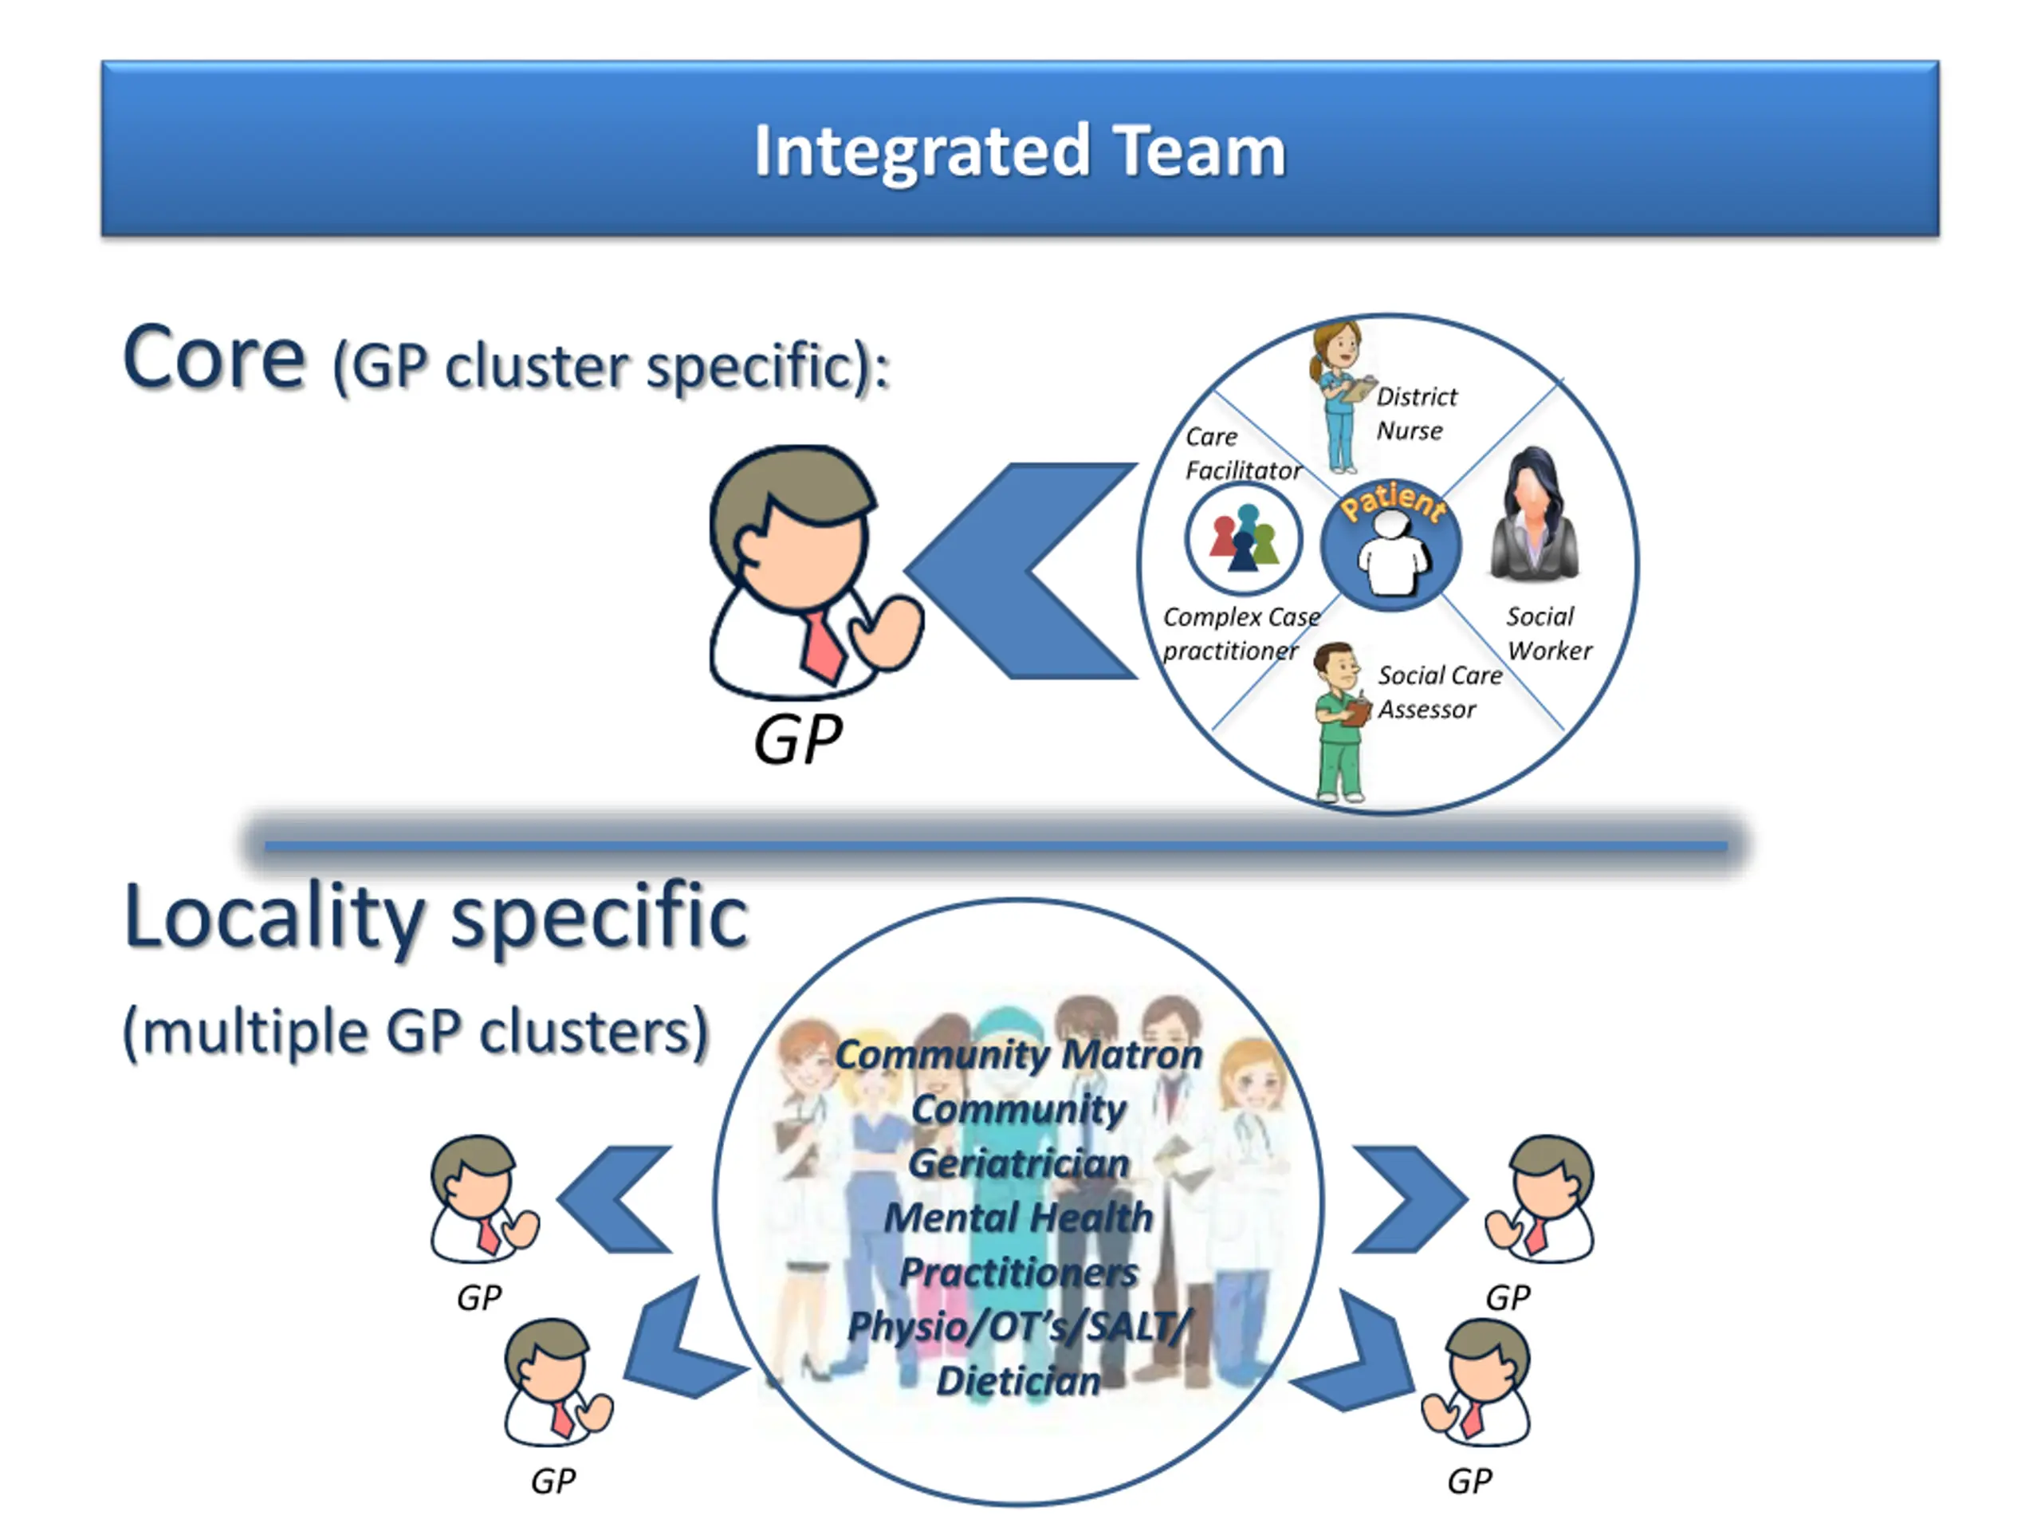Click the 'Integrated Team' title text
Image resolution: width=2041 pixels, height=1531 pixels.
1020,151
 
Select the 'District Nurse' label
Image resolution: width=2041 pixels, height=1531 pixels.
1414,413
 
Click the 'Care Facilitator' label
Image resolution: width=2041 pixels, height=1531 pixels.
1241,453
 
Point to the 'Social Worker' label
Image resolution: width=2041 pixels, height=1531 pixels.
1548,633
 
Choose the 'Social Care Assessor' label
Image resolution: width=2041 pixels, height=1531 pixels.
1437,692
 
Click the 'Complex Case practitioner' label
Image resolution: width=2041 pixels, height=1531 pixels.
1239,633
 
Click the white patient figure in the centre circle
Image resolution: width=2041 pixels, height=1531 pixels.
1392,555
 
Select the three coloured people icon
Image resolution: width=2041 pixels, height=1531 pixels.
1243,540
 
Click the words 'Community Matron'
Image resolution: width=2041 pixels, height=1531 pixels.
1019,1054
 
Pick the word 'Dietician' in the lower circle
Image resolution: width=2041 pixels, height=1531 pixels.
1019,1380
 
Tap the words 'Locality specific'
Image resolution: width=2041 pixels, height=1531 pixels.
435,916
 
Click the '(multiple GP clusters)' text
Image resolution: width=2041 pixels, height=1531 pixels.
416,1031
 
